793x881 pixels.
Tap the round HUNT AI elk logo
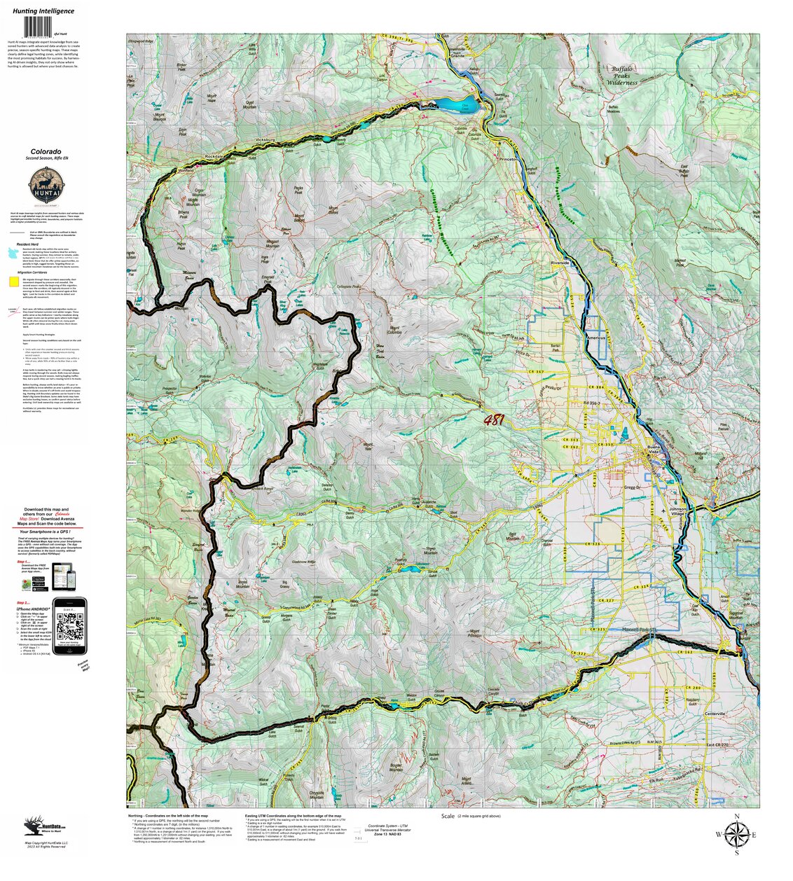[45, 187]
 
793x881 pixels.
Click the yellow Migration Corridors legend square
[14, 282]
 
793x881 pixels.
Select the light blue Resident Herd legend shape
[14, 252]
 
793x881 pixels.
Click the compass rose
[736, 834]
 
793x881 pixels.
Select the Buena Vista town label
[654, 450]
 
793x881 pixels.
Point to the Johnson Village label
[677, 512]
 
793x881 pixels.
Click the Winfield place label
[185, 170]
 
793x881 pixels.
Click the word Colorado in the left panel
[45, 151]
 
